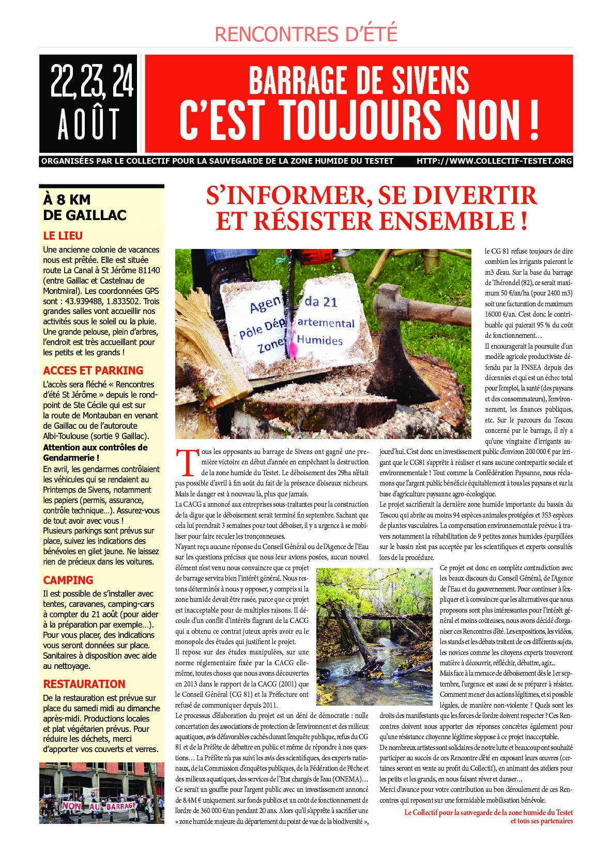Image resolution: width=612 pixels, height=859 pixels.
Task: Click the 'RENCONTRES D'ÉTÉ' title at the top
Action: coord(305,34)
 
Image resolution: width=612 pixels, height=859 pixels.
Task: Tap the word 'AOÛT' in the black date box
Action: coord(88,124)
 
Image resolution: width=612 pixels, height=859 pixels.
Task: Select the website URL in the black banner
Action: coord(494,161)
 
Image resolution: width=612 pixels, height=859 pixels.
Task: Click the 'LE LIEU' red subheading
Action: coord(63,236)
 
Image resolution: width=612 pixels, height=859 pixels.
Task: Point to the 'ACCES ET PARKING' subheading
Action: coord(93,370)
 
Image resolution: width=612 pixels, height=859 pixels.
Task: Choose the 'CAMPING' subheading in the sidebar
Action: coord(68,580)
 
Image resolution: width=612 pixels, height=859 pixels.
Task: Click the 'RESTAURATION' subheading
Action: coord(84,684)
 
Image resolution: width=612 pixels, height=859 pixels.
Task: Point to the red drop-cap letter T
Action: coord(185,462)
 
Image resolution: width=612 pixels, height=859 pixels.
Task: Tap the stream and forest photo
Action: coord(374,636)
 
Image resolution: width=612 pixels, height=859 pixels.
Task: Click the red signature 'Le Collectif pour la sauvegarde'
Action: coord(488,813)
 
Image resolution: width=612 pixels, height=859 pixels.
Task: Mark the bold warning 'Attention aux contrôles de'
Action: coord(95,447)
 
